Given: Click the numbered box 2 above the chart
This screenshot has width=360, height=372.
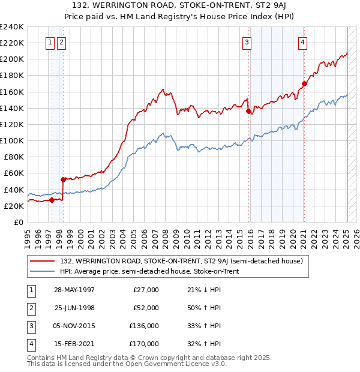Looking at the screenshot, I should [61, 42].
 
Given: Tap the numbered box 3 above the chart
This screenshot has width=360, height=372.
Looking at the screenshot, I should [247, 42].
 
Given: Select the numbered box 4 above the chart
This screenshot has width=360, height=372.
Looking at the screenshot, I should [303, 42].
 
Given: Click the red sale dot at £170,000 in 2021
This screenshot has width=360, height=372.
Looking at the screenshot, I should [304, 83].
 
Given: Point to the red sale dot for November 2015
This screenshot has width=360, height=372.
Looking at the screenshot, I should [248, 110].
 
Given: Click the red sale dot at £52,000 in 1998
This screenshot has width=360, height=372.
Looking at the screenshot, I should [63, 179].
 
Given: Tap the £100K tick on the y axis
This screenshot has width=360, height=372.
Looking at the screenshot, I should [12, 140].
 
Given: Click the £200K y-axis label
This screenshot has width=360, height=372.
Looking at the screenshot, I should [12, 59].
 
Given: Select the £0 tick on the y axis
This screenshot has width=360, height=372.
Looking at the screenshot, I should [19, 222].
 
